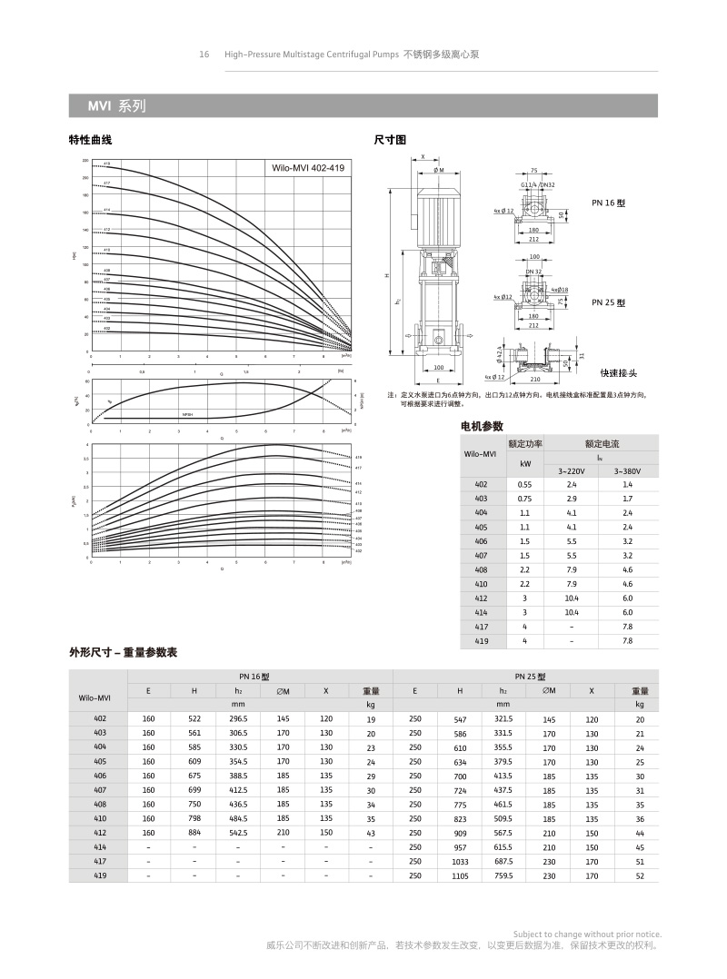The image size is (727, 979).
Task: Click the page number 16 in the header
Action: [x=204, y=54]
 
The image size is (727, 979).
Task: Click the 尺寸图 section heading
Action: [x=391, y=140]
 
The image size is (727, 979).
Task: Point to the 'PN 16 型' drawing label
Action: [x=609, y=203]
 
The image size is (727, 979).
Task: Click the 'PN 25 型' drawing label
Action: [x=609, y=302]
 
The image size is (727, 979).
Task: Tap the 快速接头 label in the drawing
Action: [x=619, y=372]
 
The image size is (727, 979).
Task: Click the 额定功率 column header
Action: [x=525, y=444]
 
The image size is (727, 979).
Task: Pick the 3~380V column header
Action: [x=627, y=471]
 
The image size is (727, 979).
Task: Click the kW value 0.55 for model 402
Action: [x=525, y=485]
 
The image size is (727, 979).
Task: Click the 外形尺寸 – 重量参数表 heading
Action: [x=123, y=653]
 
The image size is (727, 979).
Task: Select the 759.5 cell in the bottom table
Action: [x=503, y=875]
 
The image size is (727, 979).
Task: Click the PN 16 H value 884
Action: [x=194, y=832]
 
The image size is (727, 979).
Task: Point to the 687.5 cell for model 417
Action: [x=503, y=861]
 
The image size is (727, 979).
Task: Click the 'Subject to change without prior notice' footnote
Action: [x=587, y=934]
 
